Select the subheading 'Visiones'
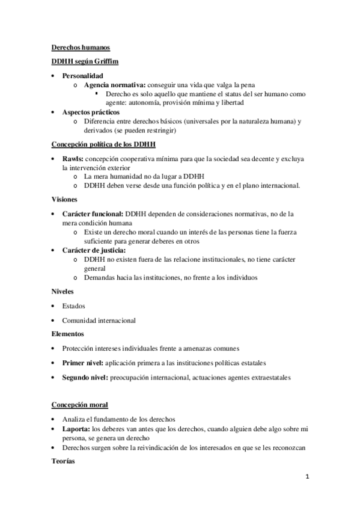click(x=64, y=199)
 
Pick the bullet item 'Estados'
click(x=74, y=306)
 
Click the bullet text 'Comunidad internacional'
click(x=99, y=321)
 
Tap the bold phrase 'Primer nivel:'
click(x=82, y=363)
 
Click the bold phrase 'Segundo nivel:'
click(x=85, y=378)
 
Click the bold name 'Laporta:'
click(x=76, y=428)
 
